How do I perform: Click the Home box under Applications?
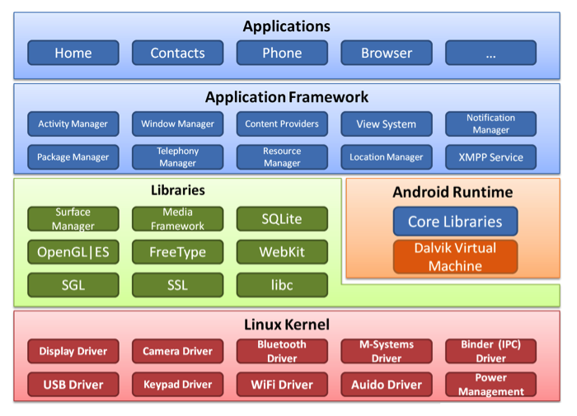click(73, 53)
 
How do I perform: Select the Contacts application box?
click(177, 53)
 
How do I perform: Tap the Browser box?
click(387, 53)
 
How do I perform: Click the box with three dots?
click(491, 53)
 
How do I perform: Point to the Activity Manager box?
click(73, 124)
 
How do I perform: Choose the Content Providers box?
click(282, 124)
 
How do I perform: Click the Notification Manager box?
click(491, 124)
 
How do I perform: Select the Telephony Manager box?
click(177, 157)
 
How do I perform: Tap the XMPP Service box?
click(491, 157)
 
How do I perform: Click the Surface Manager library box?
click(73, 219)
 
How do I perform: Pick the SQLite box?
click(282, 219)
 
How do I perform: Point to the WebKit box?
click(282, 252)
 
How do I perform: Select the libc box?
click(282, 285)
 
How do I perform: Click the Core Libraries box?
click(455, 222)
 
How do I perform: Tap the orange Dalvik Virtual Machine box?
click(455, 256)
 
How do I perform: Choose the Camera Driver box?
click(177, 351)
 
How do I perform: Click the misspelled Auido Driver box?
click(387, 385)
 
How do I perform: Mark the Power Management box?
click(491, 385)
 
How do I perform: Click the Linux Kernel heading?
click(287, 325)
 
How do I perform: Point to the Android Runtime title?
click(453, 193)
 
